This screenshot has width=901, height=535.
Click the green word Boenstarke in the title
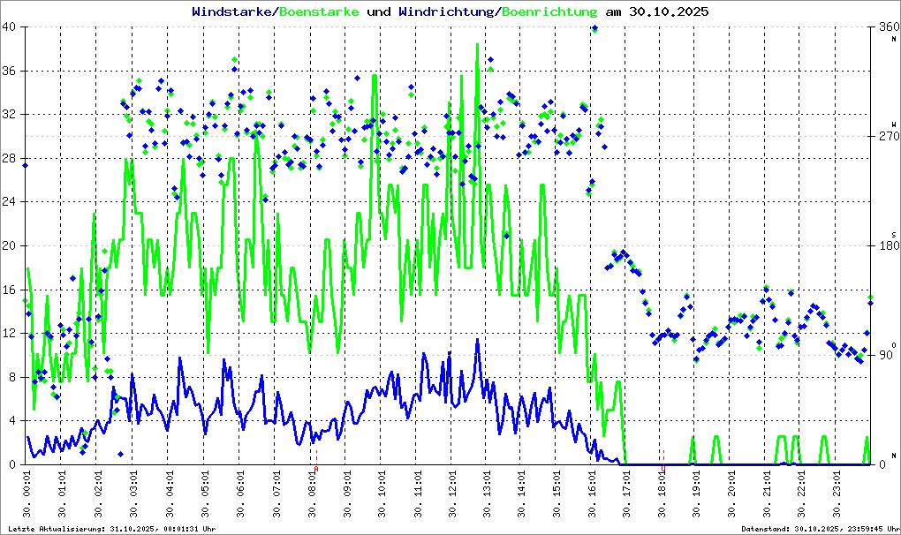[319, 12]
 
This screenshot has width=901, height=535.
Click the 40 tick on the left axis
[10, 27]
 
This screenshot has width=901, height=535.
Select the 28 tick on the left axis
[10, 159]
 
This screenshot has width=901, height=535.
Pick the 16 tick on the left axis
[10, 290]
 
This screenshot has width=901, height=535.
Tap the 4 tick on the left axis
[13, 421]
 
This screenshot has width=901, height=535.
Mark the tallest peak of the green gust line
[478, 44]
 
